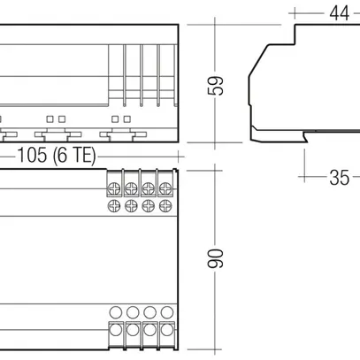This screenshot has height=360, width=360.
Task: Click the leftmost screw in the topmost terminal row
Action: pos(114,188)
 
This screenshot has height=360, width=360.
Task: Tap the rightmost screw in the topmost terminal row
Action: pos(163,188)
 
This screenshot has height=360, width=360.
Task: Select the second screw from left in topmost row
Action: pos(131,188)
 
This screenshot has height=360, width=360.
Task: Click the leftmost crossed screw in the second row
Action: pos(114,205)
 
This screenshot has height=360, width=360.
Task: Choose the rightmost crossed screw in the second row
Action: pos(163,205)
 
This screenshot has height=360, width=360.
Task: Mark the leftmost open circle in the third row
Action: pos(114,312)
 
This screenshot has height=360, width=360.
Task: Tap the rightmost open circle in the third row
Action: pos(163,312)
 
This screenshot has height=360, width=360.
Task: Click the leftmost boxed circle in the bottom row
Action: pos(114,330)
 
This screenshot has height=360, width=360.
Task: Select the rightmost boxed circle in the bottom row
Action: pos(163,330)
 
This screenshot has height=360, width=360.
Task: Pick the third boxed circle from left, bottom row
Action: pos(147,330)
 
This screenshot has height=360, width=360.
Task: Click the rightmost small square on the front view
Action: pos(127,117)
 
